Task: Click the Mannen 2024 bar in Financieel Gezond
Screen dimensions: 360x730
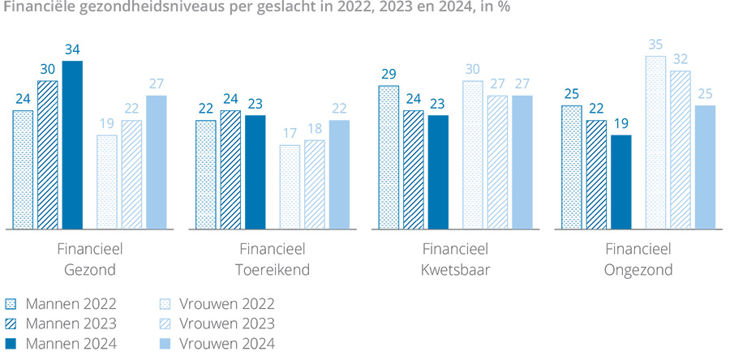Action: (72, 145)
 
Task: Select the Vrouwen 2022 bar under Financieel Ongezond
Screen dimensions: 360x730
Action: (655, 143)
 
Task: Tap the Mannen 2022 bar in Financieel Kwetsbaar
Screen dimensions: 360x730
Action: (389, 157)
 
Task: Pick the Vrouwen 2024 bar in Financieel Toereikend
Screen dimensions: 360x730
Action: (339, 174)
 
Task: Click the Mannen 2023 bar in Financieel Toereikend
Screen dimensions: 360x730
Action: (230, 169)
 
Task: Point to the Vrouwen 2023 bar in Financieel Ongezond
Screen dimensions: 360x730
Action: (680, 150)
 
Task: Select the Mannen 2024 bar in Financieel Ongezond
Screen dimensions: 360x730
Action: (620, 182)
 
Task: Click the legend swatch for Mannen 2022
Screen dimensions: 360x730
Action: (11, 305)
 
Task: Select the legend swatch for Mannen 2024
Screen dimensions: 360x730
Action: (11, 344)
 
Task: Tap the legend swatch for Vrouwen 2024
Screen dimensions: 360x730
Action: (163, 344)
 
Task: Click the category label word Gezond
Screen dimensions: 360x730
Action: (90, 270)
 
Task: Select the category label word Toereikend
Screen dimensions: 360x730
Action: (273, 270)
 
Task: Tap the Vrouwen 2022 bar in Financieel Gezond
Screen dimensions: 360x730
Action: (107, 182)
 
